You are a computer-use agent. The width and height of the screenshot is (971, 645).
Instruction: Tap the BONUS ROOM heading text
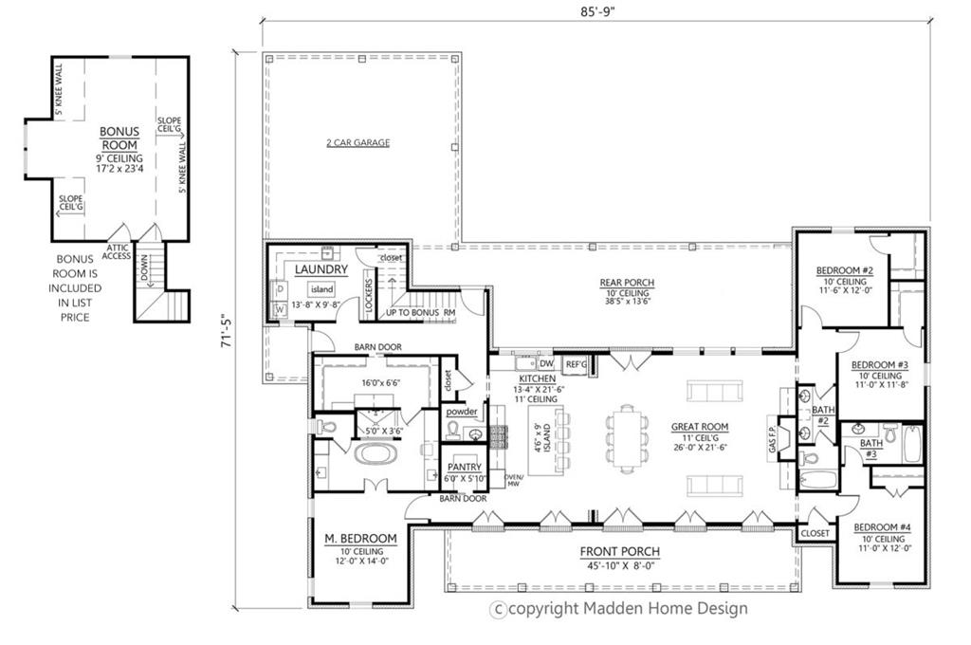pos(120,138)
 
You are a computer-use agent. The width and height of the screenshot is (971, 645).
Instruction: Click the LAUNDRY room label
pos(321,269)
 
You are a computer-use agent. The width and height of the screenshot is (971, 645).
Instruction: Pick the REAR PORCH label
pos(626,283)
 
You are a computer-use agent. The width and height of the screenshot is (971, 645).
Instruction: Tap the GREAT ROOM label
pos(699,427)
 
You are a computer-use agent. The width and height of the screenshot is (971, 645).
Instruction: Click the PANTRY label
pos(465,467)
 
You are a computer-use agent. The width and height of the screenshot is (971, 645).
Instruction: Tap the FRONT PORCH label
pos(621,552)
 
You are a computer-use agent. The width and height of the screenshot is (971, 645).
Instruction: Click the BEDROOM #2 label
pos(844,270)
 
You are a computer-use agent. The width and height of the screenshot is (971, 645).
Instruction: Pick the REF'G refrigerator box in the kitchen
pos(576,363)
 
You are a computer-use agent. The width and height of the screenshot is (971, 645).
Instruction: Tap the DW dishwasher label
pos(545,363)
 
